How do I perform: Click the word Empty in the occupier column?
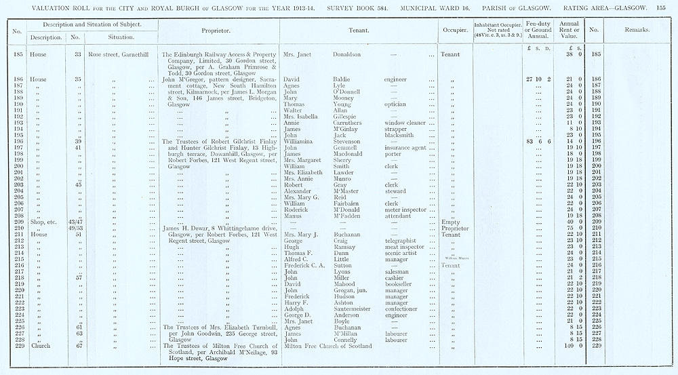pyautogui.click(x=450, y=222)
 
